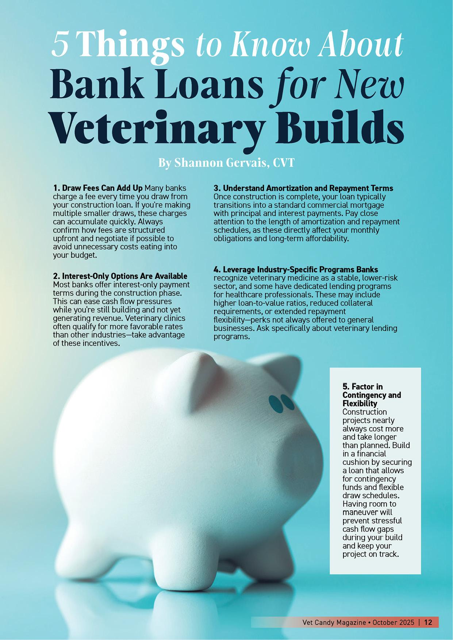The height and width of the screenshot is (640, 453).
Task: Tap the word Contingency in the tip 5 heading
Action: (x=371, y=395)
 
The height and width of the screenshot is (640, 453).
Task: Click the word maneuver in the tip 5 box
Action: (x=360, y=512)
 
